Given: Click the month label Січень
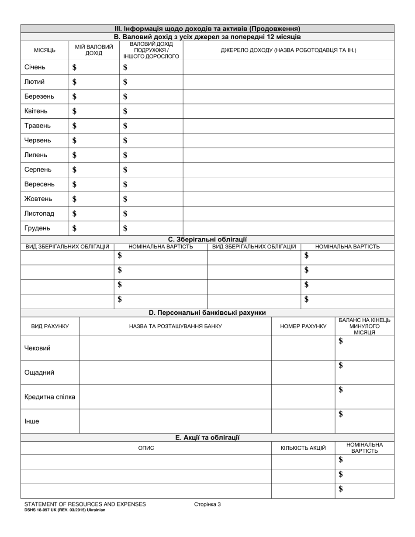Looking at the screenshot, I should pos(35,67).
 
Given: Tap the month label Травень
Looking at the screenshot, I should pos(38,126).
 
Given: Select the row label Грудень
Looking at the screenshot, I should pos(37,228).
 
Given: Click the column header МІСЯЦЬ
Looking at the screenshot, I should pos(45,50).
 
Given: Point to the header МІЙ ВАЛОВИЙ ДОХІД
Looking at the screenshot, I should pos(94,50).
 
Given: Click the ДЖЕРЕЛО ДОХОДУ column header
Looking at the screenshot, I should pos(288,50).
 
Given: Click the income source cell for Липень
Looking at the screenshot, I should pos(288,155).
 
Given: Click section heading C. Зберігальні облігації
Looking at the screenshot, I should pos(207,239).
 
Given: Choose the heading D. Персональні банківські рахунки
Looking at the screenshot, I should pos(207,313).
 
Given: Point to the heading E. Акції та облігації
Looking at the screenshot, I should pos(207,437).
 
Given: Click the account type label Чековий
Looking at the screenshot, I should pos(38,348).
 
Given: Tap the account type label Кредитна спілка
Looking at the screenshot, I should pos(50,397).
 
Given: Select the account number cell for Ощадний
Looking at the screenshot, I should pos(303,372).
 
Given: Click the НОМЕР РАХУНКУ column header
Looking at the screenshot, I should pos(303,326).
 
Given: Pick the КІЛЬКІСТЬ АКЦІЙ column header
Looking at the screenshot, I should pos(303,448).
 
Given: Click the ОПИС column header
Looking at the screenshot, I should pos(146,448).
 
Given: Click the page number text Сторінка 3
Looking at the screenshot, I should pos(207,504).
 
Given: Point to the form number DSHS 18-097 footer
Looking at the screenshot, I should pos(65,510).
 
